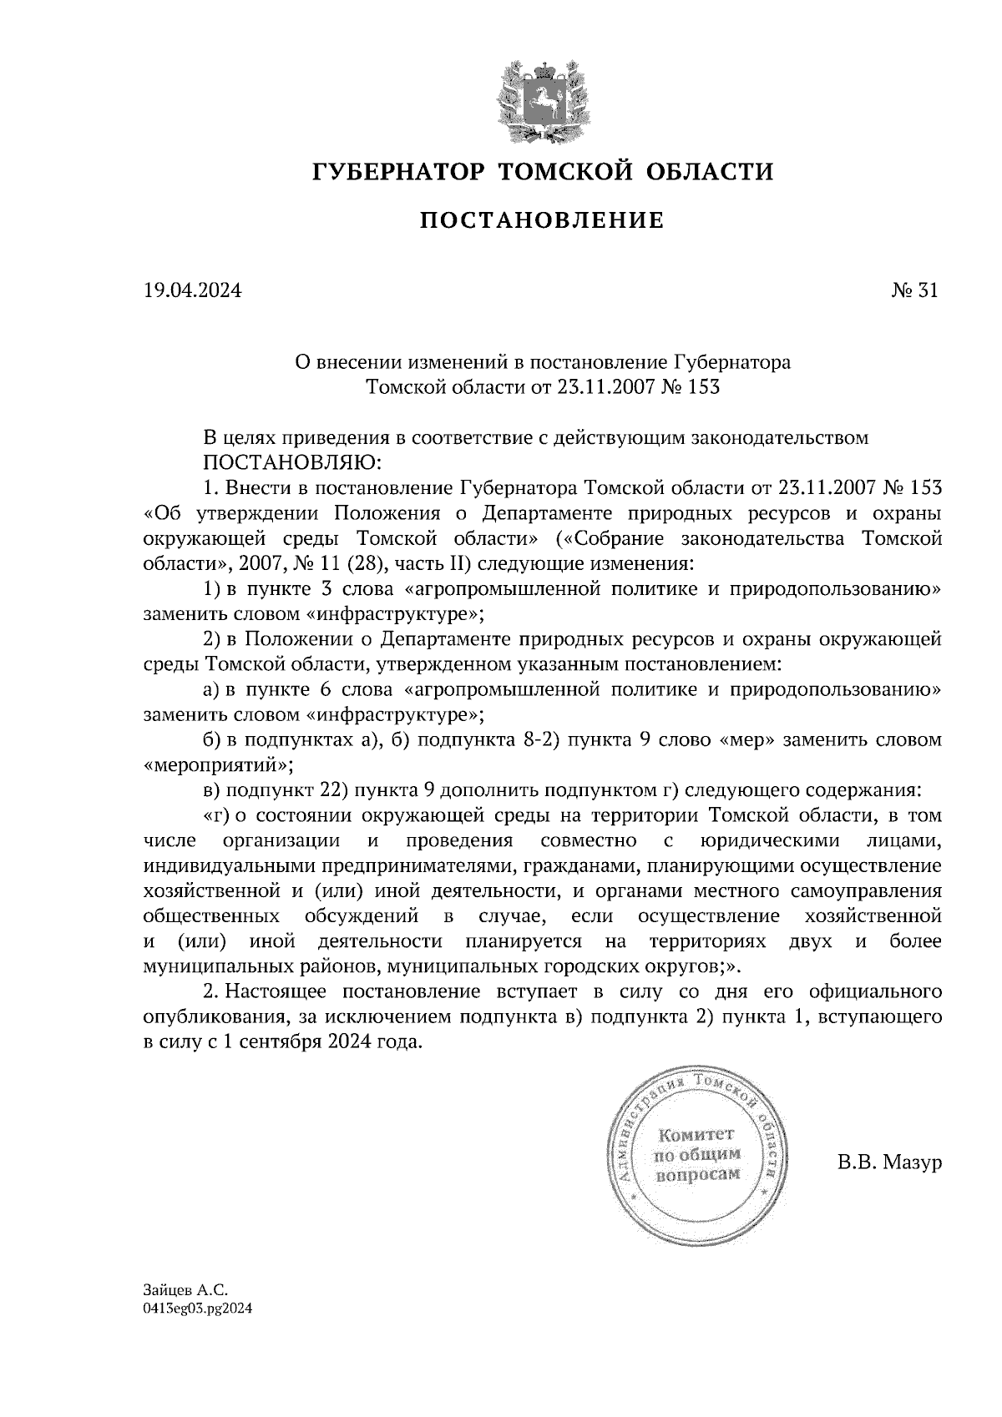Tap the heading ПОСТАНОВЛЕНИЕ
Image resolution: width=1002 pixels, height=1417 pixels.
[x=541, y=221]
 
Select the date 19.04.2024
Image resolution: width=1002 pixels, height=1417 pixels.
[x=193, y=291]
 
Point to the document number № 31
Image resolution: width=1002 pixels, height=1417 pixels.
[x=914, y=291]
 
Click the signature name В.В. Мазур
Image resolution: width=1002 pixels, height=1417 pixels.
[x=889, y=1162]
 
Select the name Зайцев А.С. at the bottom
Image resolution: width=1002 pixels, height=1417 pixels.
[x=185, y=1289]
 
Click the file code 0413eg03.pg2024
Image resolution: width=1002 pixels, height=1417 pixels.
[x=197, y=1309]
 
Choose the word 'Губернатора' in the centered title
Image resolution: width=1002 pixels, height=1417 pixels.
[x=731, y=363]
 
